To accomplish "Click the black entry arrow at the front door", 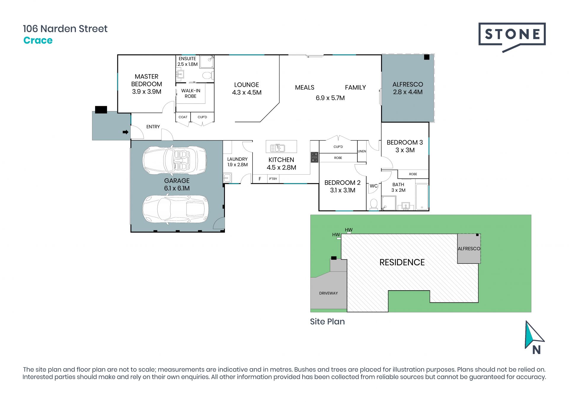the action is pos(125,132).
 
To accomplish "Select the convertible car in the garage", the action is pos(175,160).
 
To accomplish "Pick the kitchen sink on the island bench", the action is pos(278,148).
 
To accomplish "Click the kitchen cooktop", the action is pos(314,157).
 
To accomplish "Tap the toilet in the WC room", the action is pos(374,204).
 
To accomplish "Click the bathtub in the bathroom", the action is pos(422,197).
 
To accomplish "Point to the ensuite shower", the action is pos(206,62).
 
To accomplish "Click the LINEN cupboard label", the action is pos(362,151).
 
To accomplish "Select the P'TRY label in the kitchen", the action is pos(273,179).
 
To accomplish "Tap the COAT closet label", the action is pos(183,117).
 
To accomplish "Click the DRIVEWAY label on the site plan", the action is pos(328,293).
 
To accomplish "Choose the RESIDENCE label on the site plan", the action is pos(402,262).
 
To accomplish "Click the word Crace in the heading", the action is pos(38,40).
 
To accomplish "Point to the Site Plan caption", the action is pos(327,322).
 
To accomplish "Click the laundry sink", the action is pos(227,178).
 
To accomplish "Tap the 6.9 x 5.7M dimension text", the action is pos(330,98).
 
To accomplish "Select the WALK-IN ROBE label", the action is pos(191,93).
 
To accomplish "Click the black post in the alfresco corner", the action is pos(427,57).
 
